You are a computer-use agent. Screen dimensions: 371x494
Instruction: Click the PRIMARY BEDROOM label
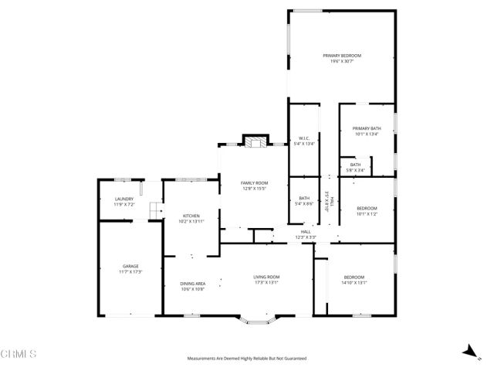coord(342,56)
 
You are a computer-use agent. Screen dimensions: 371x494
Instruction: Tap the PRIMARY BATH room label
coord(367,128)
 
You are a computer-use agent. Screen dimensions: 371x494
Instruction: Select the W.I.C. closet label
coord(303,138)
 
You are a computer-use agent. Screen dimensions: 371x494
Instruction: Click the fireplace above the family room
coord(255,141)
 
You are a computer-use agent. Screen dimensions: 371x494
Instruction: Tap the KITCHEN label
coord(191,216)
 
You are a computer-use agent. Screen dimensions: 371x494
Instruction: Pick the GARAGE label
coord(130,266)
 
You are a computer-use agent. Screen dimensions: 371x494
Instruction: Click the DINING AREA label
coord(193,284)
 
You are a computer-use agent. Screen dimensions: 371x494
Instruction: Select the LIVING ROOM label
coord(266,277)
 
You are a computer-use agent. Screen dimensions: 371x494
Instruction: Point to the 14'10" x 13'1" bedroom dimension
coord(354,283)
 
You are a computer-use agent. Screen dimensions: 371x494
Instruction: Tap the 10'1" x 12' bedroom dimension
coord(367,214)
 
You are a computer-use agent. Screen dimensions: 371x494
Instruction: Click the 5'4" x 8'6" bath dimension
coord(304,204)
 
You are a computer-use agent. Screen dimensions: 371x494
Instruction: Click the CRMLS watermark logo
coord(19,354)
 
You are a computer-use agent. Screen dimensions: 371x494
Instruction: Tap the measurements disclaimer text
coord(247,359)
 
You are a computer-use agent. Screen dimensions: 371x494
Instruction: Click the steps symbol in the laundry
coord(154,208)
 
